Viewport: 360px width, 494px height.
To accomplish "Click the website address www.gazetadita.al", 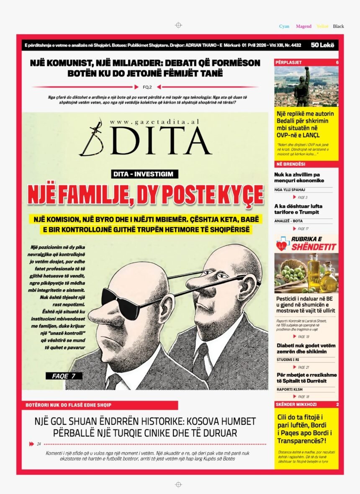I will [154, 121].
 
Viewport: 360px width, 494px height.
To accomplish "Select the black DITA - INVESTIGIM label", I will [145, 174].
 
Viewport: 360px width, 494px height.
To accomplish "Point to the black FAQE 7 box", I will [64, 376].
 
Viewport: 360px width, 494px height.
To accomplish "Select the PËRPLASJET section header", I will [289, 62].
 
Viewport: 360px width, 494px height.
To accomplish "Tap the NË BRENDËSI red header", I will [291, 164].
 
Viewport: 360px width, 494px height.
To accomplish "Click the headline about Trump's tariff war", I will [298, 209].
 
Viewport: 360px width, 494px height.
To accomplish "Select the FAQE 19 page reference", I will [303, 337].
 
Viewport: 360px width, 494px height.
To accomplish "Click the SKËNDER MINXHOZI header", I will [296, 404].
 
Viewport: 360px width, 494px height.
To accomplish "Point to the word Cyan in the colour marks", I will [284, 26].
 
